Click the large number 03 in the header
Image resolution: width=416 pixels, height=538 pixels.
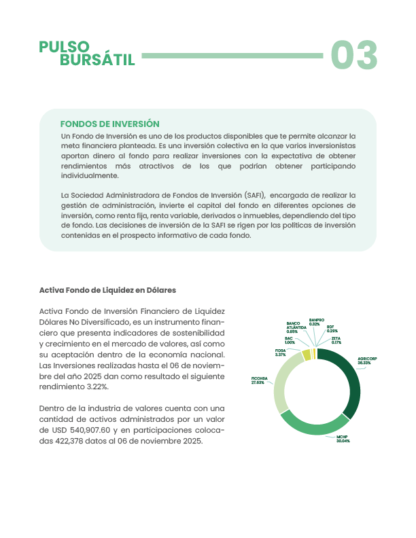(x=353, y=56)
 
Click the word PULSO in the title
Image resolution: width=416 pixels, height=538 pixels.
(x=65, y=46)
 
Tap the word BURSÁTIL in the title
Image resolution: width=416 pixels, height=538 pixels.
(x=97, y=60)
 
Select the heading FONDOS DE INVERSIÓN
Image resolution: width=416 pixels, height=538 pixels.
(x=110, y=124)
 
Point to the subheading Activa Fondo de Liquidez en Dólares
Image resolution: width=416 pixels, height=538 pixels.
(x=107, y=290)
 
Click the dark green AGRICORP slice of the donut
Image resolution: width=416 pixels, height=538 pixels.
(x=349, y=380)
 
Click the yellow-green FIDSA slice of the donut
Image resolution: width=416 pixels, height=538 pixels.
(x=307, y=355)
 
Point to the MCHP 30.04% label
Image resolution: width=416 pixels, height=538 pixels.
(x=343, y=439)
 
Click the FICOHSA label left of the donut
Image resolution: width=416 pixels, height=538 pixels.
(x=258, y=380)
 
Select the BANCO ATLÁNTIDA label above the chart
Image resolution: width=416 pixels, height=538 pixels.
(x=293, y=327)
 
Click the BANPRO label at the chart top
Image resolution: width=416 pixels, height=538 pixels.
(x=316, y=321)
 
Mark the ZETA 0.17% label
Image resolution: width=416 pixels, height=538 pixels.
(x=336, y=340)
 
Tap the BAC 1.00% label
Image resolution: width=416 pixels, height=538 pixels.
(x=290, y=340)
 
